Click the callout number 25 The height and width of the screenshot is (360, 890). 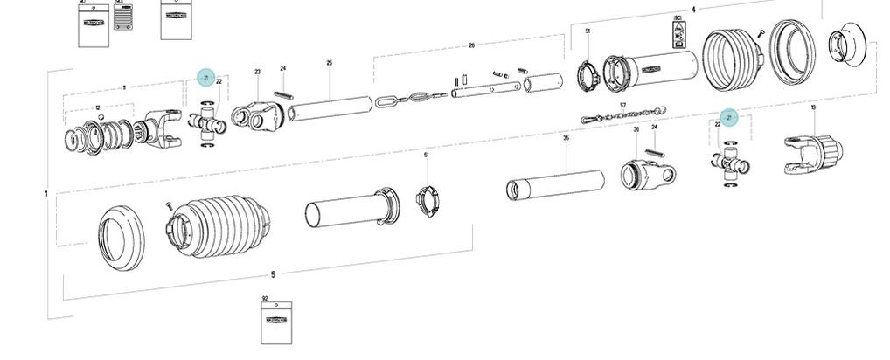(330, 63)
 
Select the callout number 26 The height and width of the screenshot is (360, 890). (471, 45)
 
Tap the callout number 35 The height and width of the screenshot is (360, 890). (566, 138)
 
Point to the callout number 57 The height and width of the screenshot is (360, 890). (622, 106)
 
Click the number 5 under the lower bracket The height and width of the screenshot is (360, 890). (273, 274)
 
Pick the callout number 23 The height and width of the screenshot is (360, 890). (258, 72)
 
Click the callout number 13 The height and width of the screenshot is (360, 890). (813, 107)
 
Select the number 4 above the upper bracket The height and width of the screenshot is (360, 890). (693, 10)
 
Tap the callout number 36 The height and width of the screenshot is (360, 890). (636, 129)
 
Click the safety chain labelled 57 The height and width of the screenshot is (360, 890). (625, 115)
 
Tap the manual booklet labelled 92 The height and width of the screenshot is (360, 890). (275, 323)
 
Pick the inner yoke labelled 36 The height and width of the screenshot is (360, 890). (648, 173)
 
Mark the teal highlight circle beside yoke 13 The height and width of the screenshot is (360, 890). (728, 118)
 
